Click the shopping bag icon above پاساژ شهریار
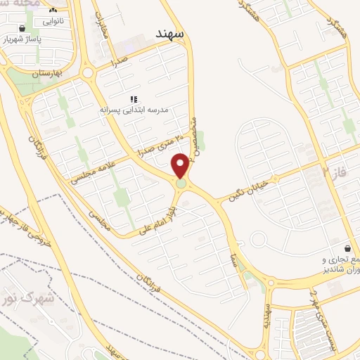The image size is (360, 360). click(x=23, y=28)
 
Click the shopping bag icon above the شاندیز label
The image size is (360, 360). click(x=348, y=248)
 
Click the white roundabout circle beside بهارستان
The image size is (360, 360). click(x=87, y=72)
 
